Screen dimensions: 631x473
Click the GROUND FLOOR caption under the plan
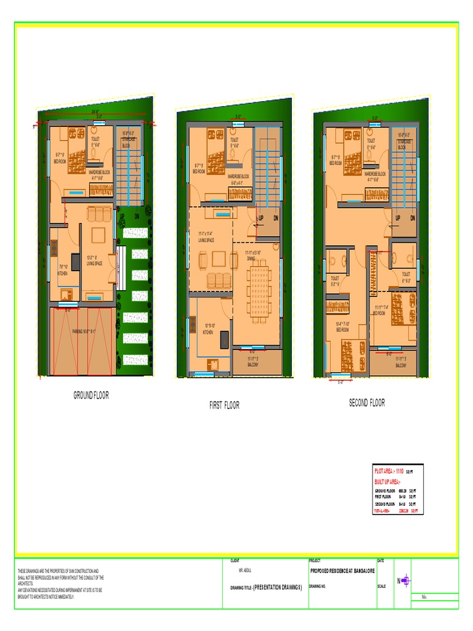(x=91, y=396)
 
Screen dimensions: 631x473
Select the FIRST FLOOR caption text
(x=224, y=405)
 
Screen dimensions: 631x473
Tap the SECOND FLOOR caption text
(x=367, y=403)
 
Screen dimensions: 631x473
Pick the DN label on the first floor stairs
(x=276, y=219)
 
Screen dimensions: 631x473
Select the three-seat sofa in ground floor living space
(x=100, y=214)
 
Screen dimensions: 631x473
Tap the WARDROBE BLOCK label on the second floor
(x=375, y=177)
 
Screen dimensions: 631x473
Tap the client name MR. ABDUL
(x=245, y=571)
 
